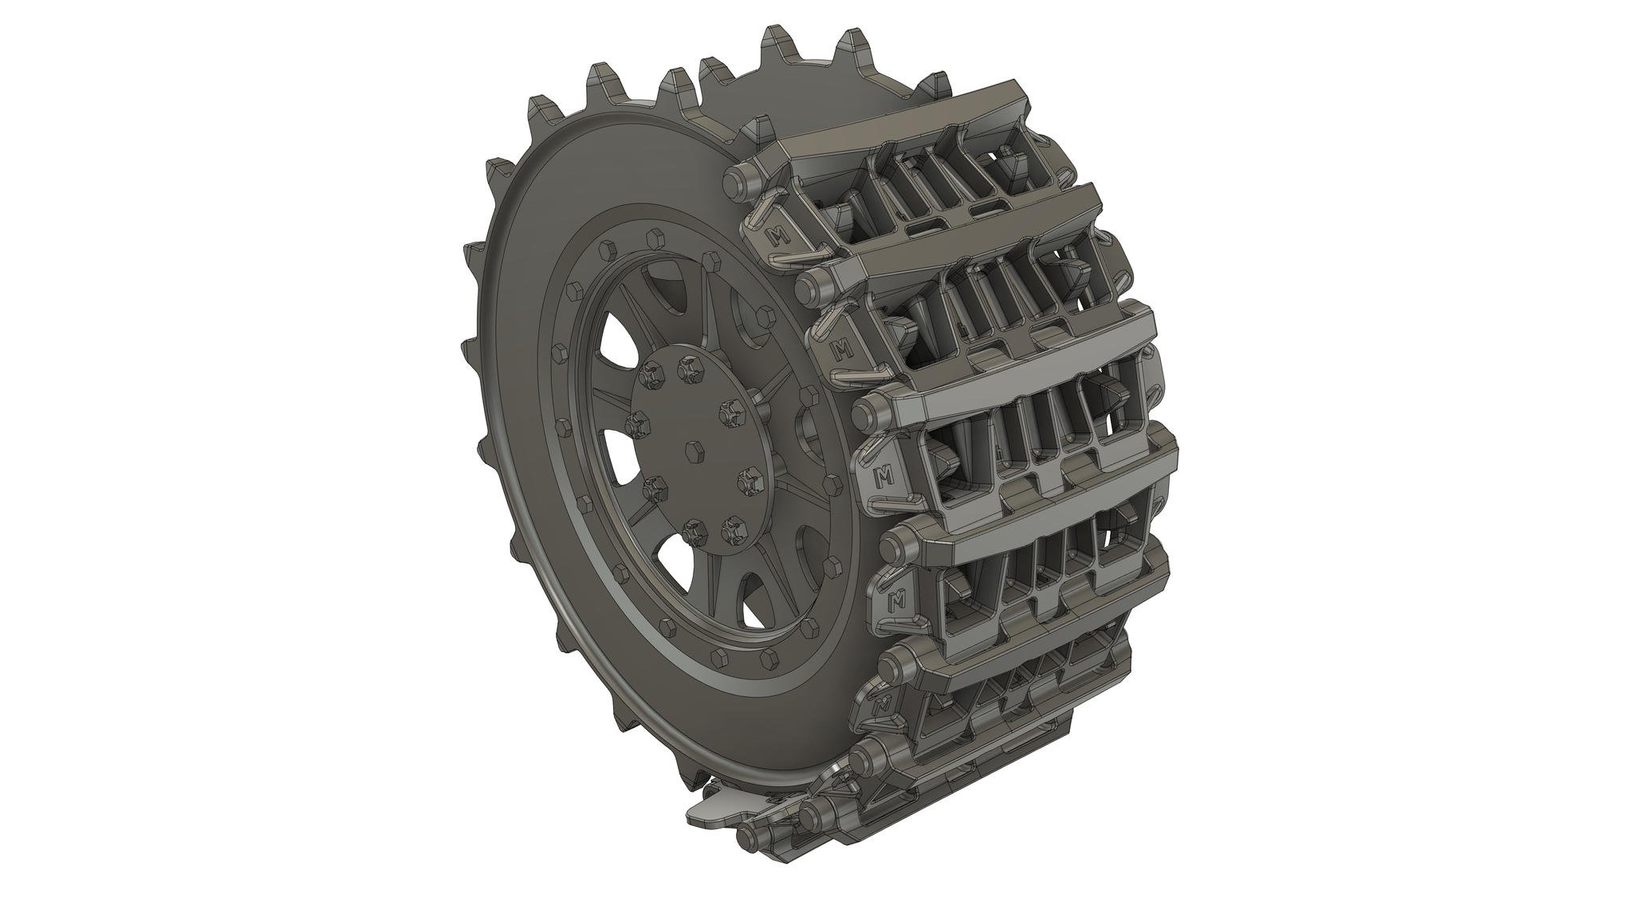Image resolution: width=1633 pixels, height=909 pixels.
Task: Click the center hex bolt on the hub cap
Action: coord(692,452)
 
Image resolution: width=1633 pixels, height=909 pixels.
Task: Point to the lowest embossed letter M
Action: coord(880,705)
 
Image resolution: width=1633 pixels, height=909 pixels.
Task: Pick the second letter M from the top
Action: coord(840,348)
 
